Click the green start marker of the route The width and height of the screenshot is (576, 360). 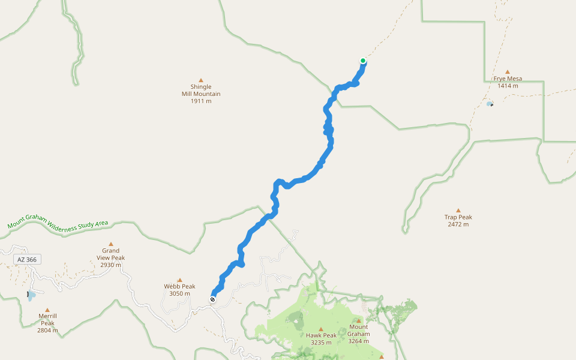(363, 61)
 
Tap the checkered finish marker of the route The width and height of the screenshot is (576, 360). (213, 299)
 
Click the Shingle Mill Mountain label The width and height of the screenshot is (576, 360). (201, 94)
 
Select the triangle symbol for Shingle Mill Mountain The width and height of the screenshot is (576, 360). (201, 80)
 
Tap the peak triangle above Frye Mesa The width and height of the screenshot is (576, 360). (508, 71)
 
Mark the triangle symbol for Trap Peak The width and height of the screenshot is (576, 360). (458, 210)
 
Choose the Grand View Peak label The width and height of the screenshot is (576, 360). (110, 257)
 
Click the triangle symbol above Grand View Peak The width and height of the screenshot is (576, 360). (110, 244)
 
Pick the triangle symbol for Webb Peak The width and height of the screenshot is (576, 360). (179, 280)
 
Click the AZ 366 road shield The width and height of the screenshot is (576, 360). (27, 259)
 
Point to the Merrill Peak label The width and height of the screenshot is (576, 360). (47, 323)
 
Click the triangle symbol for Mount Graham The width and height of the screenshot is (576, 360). (358, 321)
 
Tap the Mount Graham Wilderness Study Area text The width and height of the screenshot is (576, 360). (58, 224)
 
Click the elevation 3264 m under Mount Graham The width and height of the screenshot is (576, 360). (358, 341)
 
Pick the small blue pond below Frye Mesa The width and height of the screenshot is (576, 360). (490, 104)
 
